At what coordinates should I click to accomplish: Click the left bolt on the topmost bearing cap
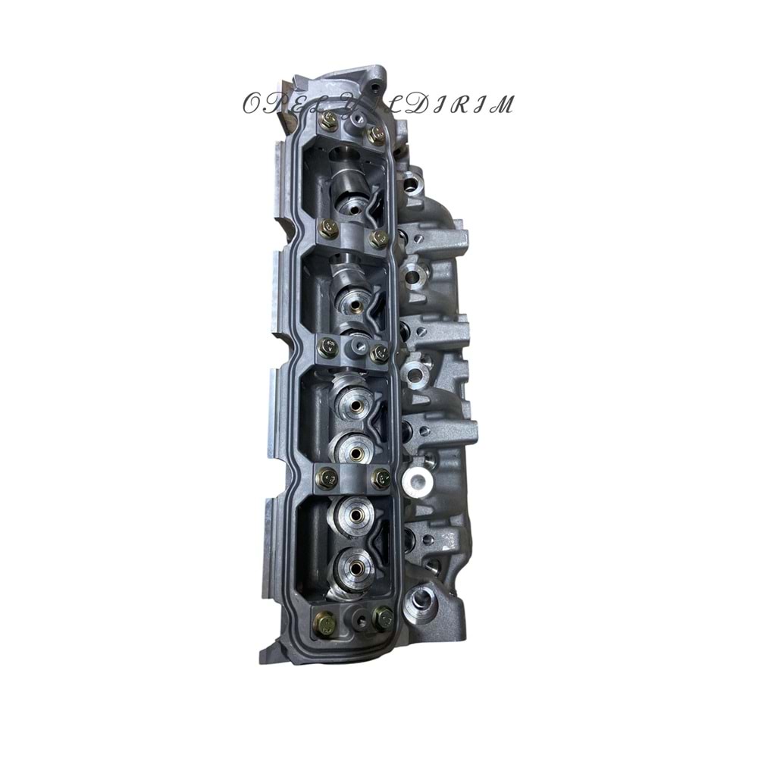(329, 120)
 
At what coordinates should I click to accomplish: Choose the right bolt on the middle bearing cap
(380, 352)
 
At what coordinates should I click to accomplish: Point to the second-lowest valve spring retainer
(352, 514)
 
